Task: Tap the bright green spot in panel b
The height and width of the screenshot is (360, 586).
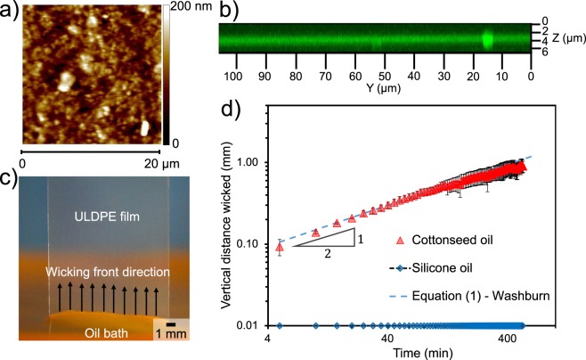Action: click(487, 39)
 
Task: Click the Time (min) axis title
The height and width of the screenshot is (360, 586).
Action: click(395, 353)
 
